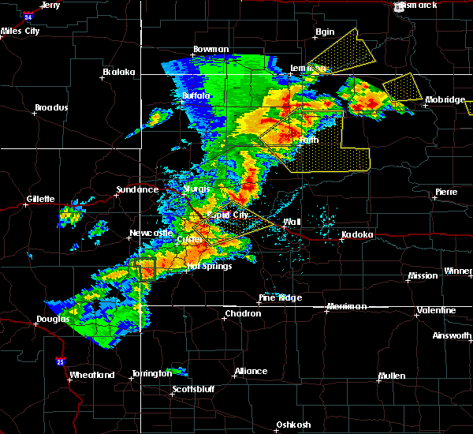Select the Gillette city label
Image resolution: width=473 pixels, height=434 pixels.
pyautogui.click(x=39, y=199)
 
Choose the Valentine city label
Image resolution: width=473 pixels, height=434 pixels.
pyautogui.click(x=436, y=310)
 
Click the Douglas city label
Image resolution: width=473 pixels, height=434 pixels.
pyautogui.click(x=53, y=320)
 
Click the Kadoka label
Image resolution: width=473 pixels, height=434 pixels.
pyautogui.click(x=357, y=235)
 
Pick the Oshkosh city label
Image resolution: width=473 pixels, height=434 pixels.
pyautogui.click(x=292, y=425)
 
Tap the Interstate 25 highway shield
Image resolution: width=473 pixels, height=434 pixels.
pyautogui.click(x=61, y=361)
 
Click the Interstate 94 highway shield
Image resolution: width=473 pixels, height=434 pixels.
pyautogui.click(x=28, y=15)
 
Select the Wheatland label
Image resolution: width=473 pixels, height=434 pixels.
pyautogui.click(x=91, y=375)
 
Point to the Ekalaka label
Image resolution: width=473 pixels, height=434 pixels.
pyautogui.click(x=119, y=72)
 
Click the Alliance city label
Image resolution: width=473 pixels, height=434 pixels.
pyautogui.click(x=251, y=371)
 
